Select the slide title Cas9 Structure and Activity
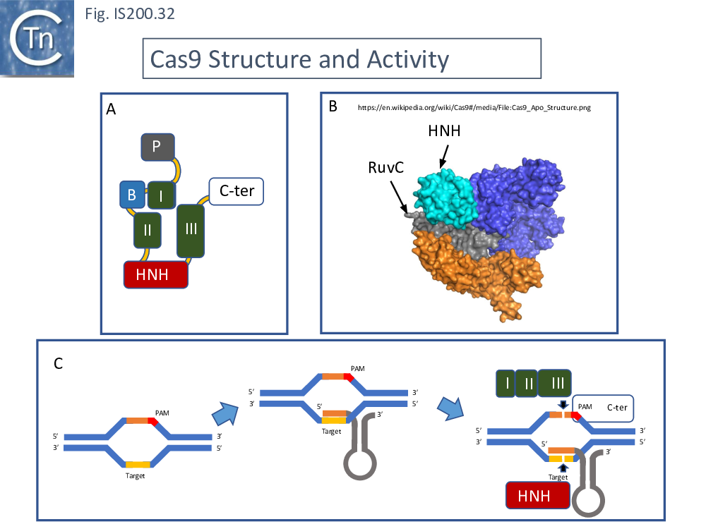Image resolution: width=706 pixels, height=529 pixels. (x=296, y=59)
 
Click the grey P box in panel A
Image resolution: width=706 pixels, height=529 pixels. (x=157, y=147)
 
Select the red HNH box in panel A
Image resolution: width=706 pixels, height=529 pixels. (x=156, y=274)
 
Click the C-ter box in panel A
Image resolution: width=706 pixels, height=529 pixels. (x=237, y=191)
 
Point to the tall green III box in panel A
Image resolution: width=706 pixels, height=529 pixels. (x=191, y=230)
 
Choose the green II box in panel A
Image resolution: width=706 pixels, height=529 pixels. (x=148, y=230)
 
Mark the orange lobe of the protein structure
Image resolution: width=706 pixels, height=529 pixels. (x=466, y=275)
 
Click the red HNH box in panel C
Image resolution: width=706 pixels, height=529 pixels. (x=538, y=496)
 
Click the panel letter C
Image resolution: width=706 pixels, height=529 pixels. (x=59, y=364)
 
